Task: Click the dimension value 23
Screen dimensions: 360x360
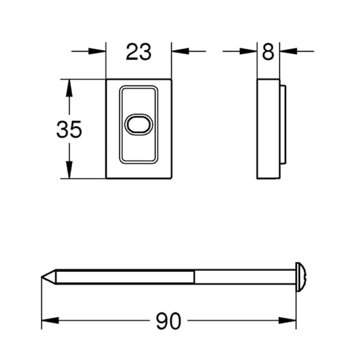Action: (138, 52)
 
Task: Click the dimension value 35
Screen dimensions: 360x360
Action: (69, 130)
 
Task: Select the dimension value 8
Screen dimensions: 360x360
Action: (268, 52)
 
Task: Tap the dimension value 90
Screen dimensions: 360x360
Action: (169, 321)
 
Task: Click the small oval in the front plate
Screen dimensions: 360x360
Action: (138, 124)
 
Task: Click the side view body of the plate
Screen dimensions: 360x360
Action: (268, 130)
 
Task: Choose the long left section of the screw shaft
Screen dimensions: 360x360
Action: (123, 278)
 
